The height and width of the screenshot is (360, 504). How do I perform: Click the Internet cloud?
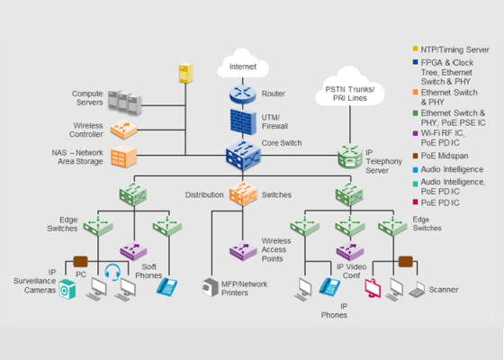[243, 64]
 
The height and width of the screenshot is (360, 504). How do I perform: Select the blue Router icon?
[243, 94]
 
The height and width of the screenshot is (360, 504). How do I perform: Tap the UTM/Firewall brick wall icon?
[243, 122]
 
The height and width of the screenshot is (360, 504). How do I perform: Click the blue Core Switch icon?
[243, 156]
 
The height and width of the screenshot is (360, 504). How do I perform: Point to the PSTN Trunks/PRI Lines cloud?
[350, 86]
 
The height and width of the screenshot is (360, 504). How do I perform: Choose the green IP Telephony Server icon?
[350, 157]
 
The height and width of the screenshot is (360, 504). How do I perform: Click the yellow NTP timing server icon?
[185, 73]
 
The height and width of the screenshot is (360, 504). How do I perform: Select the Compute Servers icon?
[125, 102]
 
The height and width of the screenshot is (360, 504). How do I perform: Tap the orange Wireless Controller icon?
[124, 130]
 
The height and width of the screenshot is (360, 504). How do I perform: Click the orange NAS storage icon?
[124, 157]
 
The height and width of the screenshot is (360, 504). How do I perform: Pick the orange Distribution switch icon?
[243, 193]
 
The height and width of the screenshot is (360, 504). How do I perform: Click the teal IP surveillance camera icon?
[67, 289]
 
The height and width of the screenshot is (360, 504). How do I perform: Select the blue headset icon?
[112, 272]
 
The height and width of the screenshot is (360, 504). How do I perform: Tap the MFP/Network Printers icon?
[211, 287]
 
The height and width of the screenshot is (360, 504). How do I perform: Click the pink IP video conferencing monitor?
[373, 288]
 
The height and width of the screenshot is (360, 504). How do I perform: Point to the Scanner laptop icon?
[418, 290]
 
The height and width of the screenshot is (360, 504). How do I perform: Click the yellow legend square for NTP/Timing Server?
[415, 49]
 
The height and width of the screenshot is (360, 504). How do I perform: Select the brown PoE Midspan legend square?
[415, 156]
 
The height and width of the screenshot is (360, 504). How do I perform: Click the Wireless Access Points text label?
[276, 250]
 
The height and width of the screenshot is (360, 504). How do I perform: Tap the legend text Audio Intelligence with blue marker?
[452, 169]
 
